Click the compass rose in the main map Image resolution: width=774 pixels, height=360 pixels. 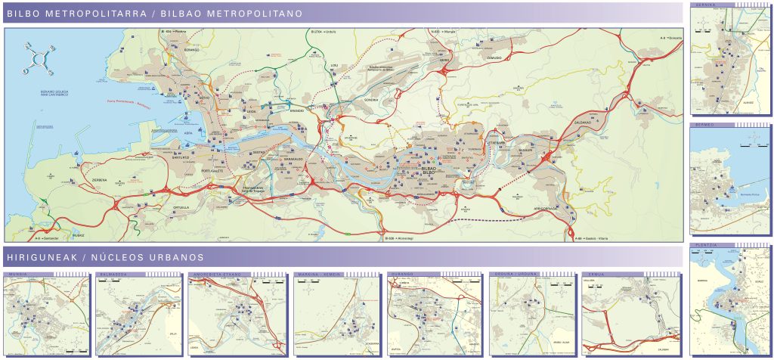(39, 60)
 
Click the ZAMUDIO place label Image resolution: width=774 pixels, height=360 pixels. (495, 58)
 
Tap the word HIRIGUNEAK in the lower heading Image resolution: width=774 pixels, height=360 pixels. (39, 257)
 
